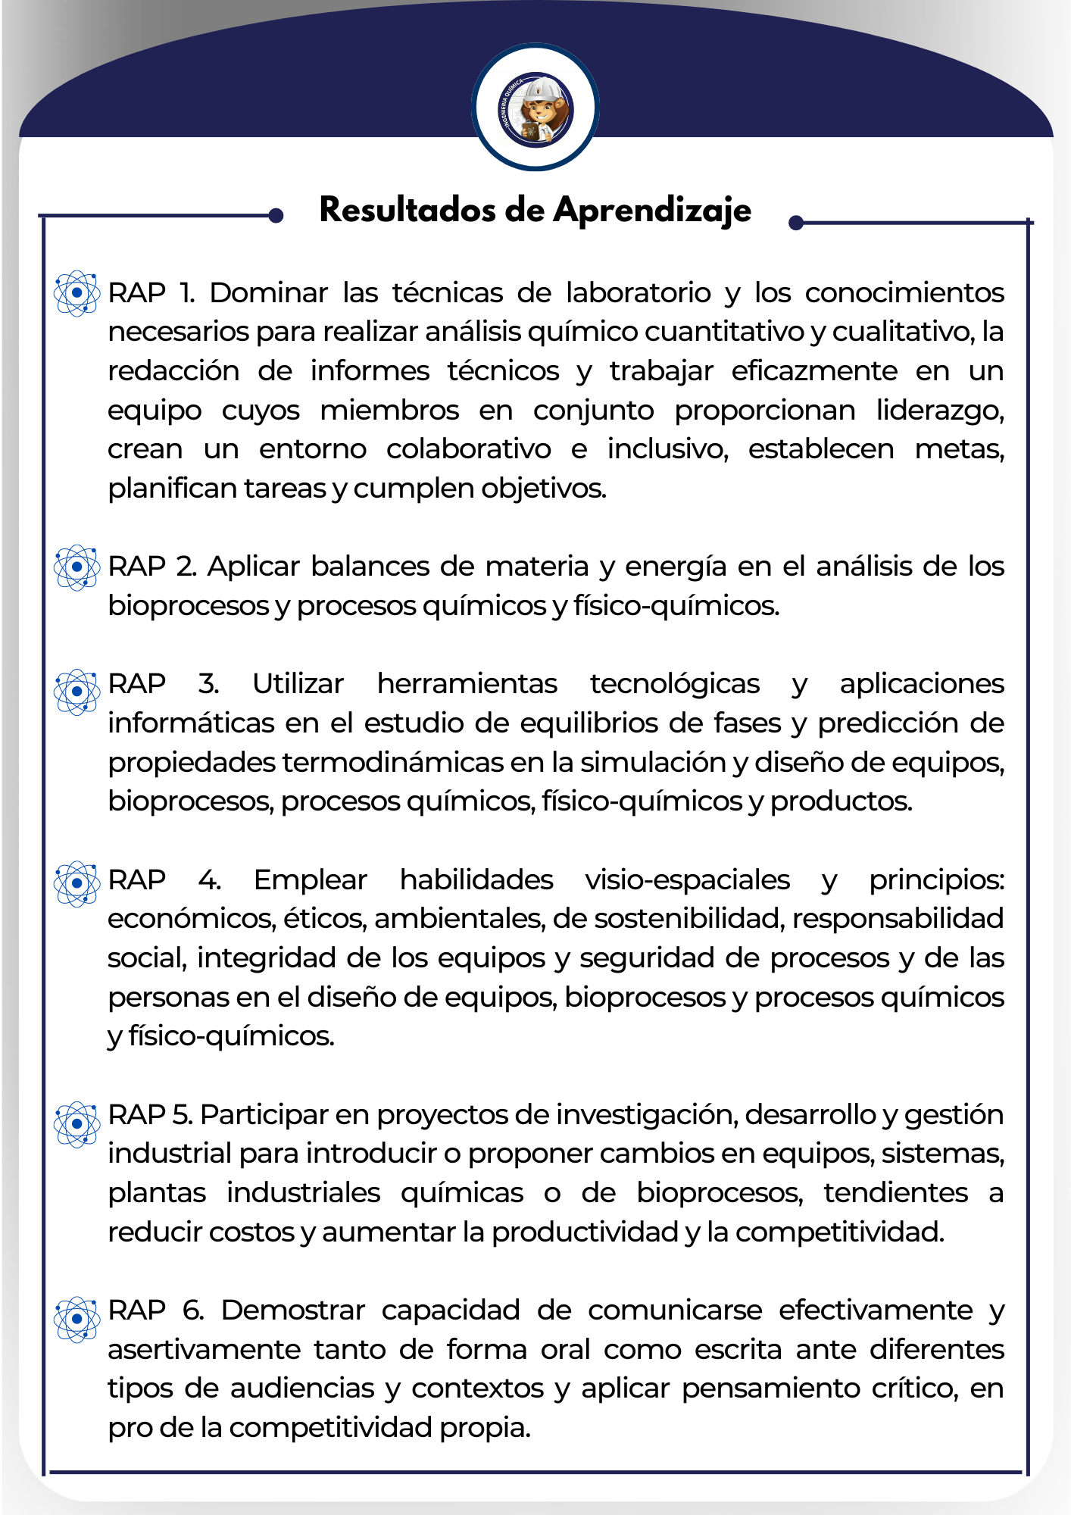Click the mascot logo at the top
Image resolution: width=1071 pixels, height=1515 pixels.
(535, 107)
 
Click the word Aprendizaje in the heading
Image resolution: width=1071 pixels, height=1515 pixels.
(652, 211)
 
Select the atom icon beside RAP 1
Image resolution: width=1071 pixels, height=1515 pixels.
(76, 293)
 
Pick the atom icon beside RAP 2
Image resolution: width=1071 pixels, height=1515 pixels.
(76, 567)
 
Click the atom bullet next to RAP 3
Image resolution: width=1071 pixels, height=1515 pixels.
(76, 692)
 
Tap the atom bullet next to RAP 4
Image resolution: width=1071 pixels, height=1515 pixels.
(76, 883)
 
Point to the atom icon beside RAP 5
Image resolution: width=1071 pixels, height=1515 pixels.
(76, 1124)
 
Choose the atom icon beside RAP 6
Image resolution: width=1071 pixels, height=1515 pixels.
(76, 1319)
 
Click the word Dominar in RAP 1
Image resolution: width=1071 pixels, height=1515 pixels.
(269, 293)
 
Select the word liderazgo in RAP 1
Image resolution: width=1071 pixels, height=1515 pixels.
(940, 411)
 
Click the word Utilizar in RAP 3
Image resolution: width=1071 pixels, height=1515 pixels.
(298, 684)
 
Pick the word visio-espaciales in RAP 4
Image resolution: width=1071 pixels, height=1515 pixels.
(687, 880)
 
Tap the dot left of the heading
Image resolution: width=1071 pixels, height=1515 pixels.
(276, 216)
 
